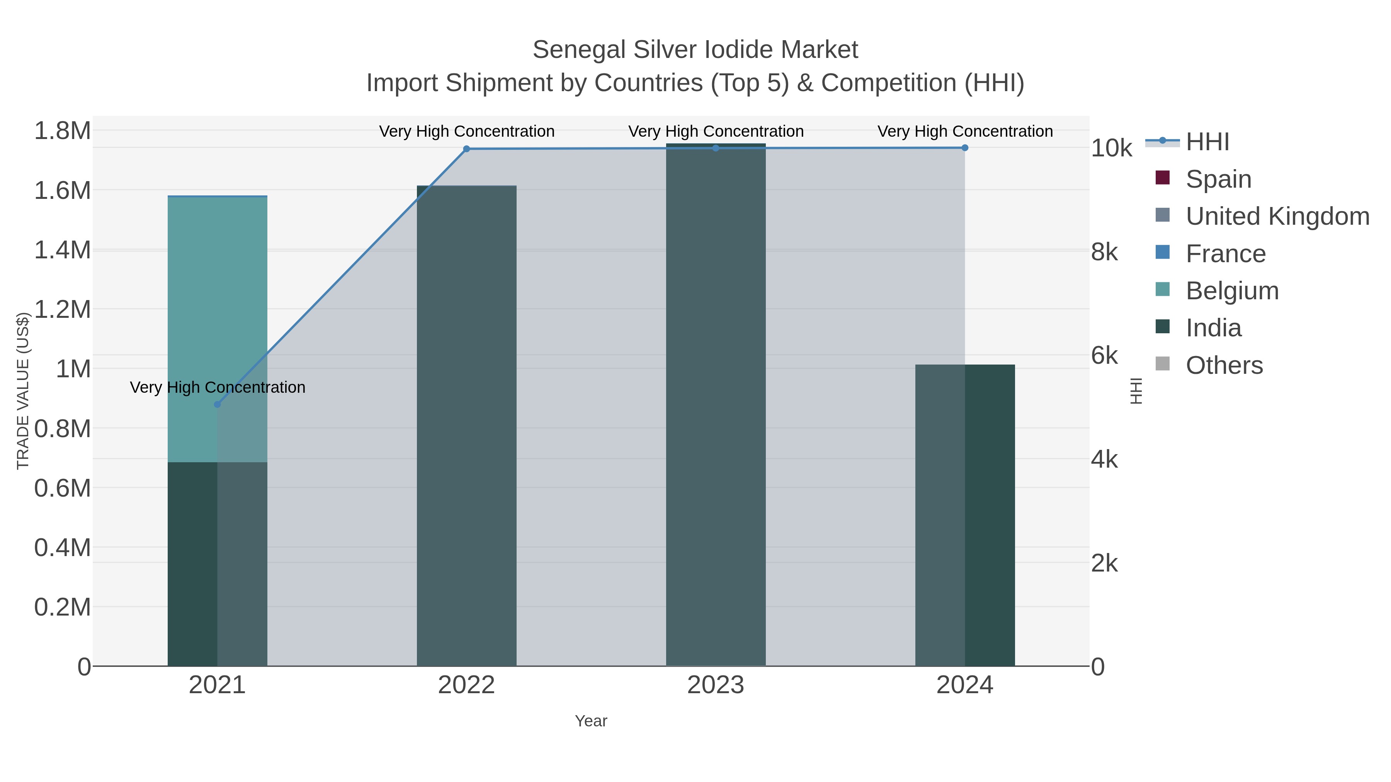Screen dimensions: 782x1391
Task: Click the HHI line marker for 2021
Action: (217, 404)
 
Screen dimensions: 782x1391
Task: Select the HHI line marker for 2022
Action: (466, 149)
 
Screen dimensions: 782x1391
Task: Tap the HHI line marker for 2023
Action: (716, 148)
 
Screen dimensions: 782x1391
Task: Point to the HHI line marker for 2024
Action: (965, 148)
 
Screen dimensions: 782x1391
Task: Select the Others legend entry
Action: (1224, 365)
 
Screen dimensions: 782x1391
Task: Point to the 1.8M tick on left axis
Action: (63, 131)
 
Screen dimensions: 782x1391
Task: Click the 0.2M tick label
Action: (63, 607)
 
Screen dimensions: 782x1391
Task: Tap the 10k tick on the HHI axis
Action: (1111, 148)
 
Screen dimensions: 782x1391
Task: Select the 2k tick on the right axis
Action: (1104, 563)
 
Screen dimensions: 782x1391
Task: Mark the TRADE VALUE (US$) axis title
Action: (23, 391)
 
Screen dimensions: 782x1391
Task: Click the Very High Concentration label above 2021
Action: (218, 387)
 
